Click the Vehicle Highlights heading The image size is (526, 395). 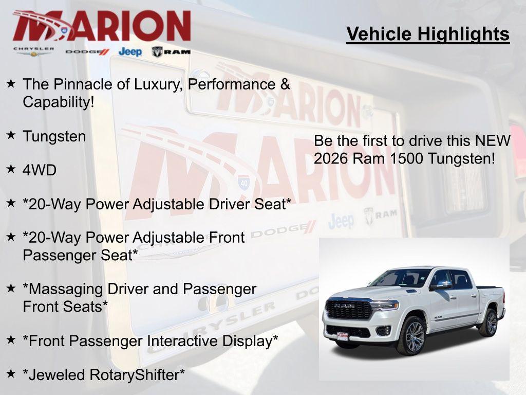(x=428, y=34)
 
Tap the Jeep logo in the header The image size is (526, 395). (x=130, y=51)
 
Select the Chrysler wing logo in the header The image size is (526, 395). (x=34, y=51)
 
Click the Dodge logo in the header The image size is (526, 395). (x=87, y=52)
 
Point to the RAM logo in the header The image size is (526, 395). (x=171, y=51)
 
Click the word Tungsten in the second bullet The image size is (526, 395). (x=54, y=136)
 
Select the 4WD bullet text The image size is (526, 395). (x=40, y=170)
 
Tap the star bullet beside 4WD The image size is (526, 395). (x=11, y=169)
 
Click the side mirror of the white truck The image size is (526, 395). (x=442, y=285)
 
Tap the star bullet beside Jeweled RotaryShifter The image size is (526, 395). (x=11, y=373)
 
